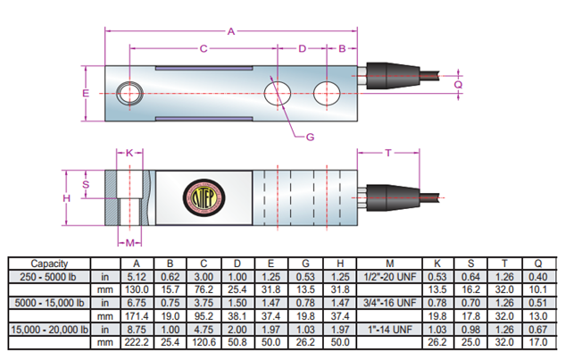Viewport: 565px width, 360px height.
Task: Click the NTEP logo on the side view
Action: click(x=203, y=197)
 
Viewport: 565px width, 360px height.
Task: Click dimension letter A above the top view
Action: click(x=230, y=32)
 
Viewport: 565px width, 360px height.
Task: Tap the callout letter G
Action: click(x=310, y=137)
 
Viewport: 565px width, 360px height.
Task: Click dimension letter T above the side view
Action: click(x=388, y=153)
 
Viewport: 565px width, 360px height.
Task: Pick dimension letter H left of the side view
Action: click(x=66, y=197)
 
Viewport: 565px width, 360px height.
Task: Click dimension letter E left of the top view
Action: click(x=86, y=93)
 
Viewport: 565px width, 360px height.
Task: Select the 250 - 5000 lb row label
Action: click(x=46, y=277)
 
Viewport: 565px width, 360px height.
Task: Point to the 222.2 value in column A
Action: click(x=137, y=341)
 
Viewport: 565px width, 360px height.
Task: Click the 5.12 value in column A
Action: click(x=137, y=277)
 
